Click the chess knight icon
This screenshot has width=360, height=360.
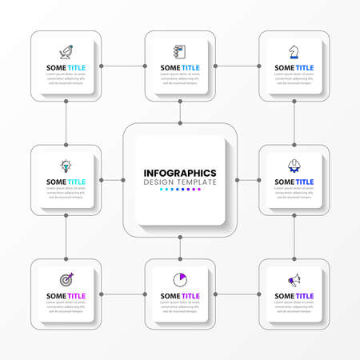pyautogui.click(x=295, y=52)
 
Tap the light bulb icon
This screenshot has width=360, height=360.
pyautogui.click(x=66, y=166)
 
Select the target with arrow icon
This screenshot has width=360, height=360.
pyautogui.click(x=66, y=280)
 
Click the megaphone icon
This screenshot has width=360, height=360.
pyautogui.click(x=295, y=280)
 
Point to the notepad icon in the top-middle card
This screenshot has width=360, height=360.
pyautogui.click(x=180, y=52)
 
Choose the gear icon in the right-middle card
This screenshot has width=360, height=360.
pyautogui.click(x=295, y=166)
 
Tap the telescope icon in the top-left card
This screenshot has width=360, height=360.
pyautogui.click(x=66, y=52)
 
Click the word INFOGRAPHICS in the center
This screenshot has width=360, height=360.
pyautogui.click(x=180, y=173)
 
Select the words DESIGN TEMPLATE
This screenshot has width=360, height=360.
pyautogui.click(x=180, y=182)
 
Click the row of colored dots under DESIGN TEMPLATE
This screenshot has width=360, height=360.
pyautogui.click(x=180, y=190)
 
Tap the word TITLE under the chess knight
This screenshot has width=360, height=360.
pyautogui.click(x=305, y=68)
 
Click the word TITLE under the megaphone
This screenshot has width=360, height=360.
pyautogui.click(x=305, y=296)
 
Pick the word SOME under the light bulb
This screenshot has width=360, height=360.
pyautogui.click(x=56, y=182)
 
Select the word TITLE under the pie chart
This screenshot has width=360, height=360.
pyautogui.click(x=190, y=296)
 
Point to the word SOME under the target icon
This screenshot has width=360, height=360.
pyautogui.click(x=56, y=296)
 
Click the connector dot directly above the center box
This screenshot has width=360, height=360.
pyautogui.click(x=181, y=122)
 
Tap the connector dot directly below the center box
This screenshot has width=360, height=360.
pyautogui.click(x=181, y=238)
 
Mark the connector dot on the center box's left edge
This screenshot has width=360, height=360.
pyautogui.click(x=123, y=180)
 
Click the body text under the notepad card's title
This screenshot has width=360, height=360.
pyautogui.click(x=180, y=80)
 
